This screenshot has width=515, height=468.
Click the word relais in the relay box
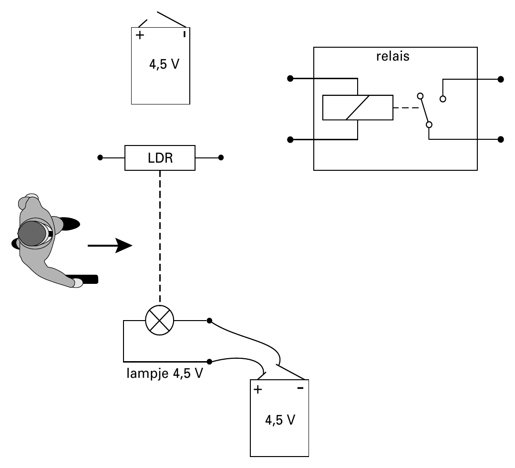pyautogui.click(x=393, y=56)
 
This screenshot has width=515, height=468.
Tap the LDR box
pyautogui.click(x=160, y=158)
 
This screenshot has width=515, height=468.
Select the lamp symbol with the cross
pyautogui.click(x=160, y=321)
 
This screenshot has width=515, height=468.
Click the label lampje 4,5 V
pyautogui.click(x=165, y=374)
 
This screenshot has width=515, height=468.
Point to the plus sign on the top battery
pyautogui.click(x=140, y=35)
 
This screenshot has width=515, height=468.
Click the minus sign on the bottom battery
pyautogui.click(x=300, y=388)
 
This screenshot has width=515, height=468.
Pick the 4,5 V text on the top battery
pyautogui.click(x=164, y=64)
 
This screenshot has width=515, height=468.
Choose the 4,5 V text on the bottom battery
pyautogui.click(x=280, y=420)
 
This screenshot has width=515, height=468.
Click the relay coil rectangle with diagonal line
pyautogui.click(x=358, y=107)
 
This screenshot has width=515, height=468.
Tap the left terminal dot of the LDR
pyautogui.click(x=100, y=158)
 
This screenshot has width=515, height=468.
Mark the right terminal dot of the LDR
pyautogui.click(x=221, y=158)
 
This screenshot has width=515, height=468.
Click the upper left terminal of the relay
pyautogui.click(x=290, y=78)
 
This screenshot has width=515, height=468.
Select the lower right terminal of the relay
pyautogui.click(x=501, y=139)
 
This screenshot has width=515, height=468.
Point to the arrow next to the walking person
pyautogui.click(x=110, y=246)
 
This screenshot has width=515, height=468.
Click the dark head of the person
pyautogui.click(x=32, y=233)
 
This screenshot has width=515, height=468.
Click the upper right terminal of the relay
pyautogui.click(x=501, y=79)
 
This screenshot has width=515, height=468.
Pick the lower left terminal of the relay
pyautogui.click(x=290, y=140)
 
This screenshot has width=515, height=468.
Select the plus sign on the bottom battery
pyautogui.click(x=258, y=389)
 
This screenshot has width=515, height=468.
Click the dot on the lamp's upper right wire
pyautogui.click(x=209, y=321)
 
